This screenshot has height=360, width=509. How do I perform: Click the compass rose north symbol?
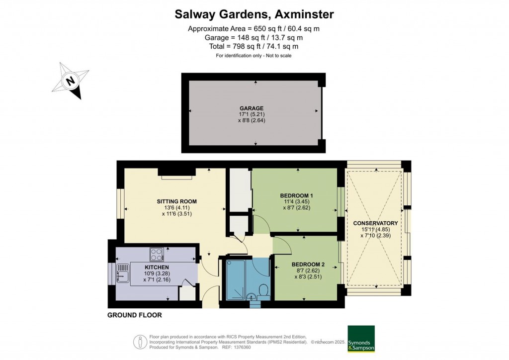[71, 81]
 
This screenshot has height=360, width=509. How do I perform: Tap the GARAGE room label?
[251, 108]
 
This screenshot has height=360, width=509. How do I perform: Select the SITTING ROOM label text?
[176, 201]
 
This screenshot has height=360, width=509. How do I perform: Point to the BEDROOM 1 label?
[297, 195]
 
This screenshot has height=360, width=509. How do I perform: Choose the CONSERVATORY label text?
[375, 223]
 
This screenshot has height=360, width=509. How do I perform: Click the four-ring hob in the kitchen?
[156, 254]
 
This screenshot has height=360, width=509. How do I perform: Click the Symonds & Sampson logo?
[361, 339]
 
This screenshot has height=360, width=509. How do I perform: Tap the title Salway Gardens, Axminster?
[254, 14]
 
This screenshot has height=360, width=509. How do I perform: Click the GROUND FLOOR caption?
[135, 315]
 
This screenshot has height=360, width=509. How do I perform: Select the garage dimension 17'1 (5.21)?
[251, 114]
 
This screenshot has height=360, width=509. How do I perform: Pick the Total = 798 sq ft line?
[254, 46]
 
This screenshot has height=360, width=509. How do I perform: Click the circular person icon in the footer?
[141, 342]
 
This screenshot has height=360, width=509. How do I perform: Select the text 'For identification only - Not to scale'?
[254, 56]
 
